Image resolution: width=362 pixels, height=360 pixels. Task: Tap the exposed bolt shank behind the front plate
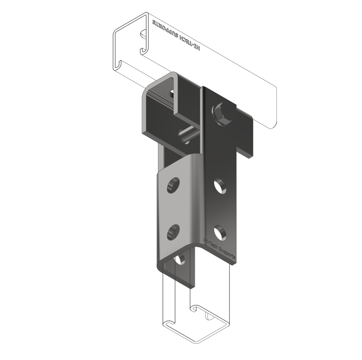pos(188,135)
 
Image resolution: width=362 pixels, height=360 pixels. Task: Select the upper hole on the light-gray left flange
pos(173,185)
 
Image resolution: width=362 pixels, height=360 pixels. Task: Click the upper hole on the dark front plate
pos(220,185)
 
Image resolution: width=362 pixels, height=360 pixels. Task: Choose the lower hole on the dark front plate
pos(220,232)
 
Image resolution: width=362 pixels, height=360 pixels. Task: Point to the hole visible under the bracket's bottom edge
pos(180,260)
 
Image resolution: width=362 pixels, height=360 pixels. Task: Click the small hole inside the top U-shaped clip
pos(171,94)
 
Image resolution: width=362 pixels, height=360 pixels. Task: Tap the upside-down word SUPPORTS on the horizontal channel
pos(165,29)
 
